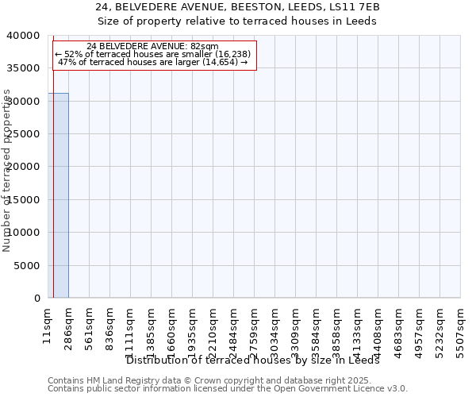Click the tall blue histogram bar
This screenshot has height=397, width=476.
pos(59,195)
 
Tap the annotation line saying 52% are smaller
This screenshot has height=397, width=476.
pos(152,54)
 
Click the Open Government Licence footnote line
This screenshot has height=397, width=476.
pos(228,389)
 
